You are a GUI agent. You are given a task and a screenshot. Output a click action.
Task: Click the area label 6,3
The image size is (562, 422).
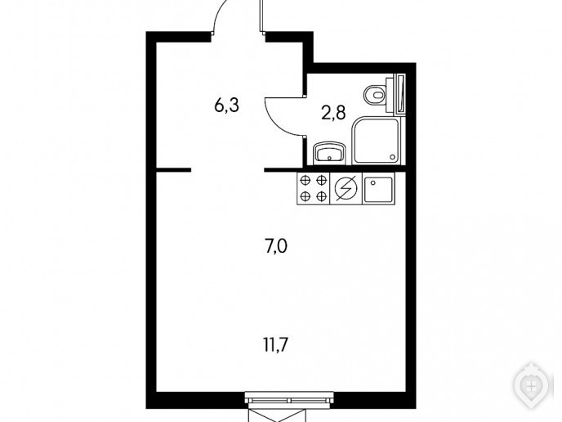click(x=226, y=106)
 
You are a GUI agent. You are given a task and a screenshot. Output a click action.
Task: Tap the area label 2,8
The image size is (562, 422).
click(x=333, y=114)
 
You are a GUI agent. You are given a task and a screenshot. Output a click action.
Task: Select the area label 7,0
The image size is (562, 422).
click(x=276, y=247)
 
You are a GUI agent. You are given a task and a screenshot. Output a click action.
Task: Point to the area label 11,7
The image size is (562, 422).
click(x=276, y=345)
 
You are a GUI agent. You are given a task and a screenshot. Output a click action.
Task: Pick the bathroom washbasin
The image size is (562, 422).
click(x=329, y=154)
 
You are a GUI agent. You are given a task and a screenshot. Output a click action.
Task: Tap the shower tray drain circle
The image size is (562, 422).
click(x=392, y=157)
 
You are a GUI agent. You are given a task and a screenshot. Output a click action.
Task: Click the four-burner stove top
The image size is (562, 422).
click(x=313, y=188)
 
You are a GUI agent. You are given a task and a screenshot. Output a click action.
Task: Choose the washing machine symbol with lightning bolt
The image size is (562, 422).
click(x=346, y=188)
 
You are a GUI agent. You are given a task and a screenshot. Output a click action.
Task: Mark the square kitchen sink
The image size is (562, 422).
click(x=378, y=189)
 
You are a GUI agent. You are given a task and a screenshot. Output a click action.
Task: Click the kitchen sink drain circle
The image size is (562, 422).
click(x=373, y=182)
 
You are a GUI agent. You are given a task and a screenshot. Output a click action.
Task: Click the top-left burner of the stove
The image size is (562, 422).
click(x=306, y=181)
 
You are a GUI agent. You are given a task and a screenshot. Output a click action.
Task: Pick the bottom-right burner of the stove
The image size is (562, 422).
click(x=322, y=196)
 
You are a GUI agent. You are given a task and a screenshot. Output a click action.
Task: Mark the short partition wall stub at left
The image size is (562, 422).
click(x=173, y=170)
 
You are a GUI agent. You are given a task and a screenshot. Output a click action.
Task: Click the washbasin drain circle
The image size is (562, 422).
click(x=328, y=159)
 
